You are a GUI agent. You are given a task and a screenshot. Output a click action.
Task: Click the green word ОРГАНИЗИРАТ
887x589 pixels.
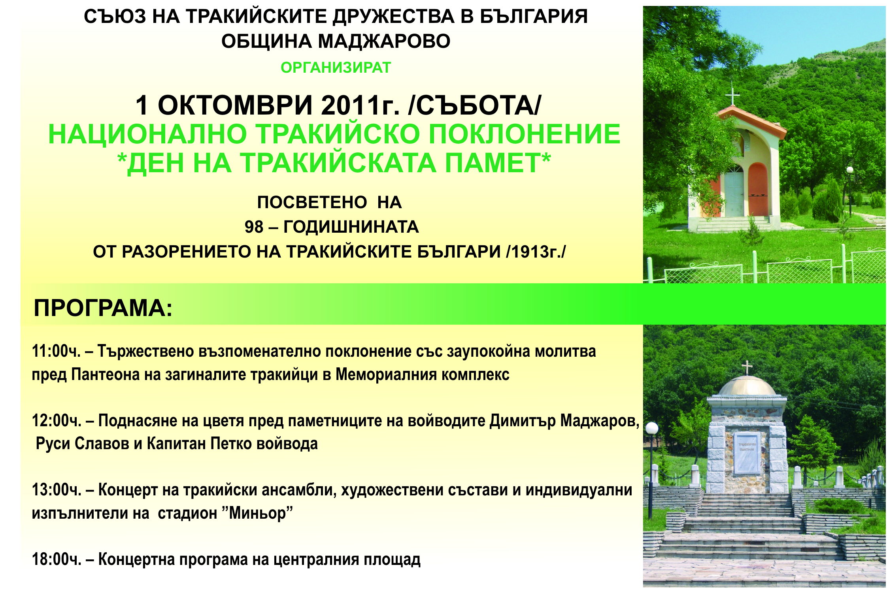(336, 68)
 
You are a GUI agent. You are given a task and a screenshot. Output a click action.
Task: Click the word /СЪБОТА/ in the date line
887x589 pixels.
(475, 105)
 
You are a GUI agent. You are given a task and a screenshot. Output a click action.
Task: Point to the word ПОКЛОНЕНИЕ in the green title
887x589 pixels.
(525, 134)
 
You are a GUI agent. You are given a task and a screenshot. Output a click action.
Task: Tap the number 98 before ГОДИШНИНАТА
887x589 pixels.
(254, 227)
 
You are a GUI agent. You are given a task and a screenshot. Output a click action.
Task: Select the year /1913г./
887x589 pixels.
(536, 252)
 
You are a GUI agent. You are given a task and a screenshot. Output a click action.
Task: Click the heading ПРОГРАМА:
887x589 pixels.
(103, 308)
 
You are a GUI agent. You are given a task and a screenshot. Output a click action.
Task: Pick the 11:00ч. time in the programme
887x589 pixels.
(56, 351)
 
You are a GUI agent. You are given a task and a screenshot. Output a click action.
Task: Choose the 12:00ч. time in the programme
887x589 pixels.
(57, 420)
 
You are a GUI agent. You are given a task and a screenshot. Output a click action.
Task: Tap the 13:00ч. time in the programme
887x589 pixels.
(57, 490)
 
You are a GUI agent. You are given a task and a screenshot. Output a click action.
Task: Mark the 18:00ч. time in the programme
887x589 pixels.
(57, 559)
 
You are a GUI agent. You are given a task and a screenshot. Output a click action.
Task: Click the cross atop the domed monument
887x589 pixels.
(747, 368)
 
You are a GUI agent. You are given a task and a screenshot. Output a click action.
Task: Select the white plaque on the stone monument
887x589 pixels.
(747, 453)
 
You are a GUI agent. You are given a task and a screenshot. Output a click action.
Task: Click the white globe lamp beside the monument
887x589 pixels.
(652, 428)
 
